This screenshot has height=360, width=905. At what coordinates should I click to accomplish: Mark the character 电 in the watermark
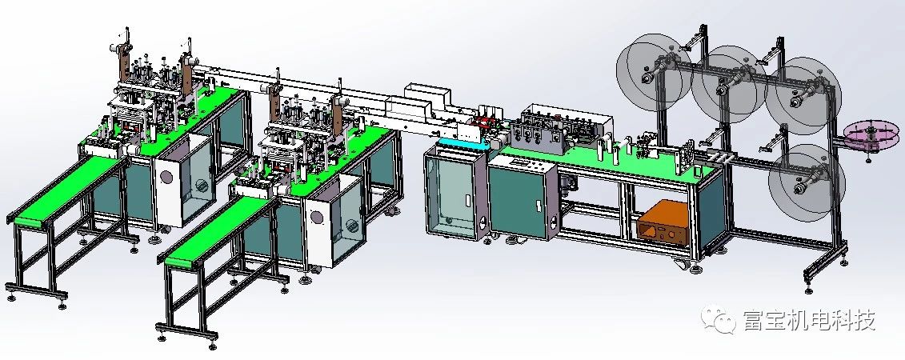(809, 320)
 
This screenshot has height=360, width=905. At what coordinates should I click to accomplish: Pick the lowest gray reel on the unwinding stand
(807, 182)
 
